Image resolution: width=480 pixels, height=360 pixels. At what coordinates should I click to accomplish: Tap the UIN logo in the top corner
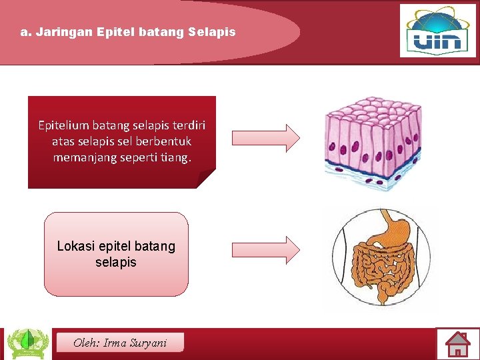pos(437,31)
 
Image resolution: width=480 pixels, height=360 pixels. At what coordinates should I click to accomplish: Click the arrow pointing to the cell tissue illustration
pos(265,137)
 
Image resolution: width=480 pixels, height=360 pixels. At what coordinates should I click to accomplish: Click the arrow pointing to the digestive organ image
pos(265,249)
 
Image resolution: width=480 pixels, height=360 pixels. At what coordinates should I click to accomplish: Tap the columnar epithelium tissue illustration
pos(373,140)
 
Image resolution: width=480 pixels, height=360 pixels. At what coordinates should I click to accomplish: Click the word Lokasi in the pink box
pos(75,246)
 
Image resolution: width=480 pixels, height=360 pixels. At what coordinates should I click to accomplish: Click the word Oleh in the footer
pos(85,343)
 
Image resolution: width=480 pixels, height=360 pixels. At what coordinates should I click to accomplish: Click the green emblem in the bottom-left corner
pos(27,344)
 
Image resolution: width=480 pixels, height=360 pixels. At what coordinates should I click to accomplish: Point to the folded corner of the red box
pos(207,179)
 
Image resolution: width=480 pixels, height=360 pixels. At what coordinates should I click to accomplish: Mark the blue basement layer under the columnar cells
pos(373,179)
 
